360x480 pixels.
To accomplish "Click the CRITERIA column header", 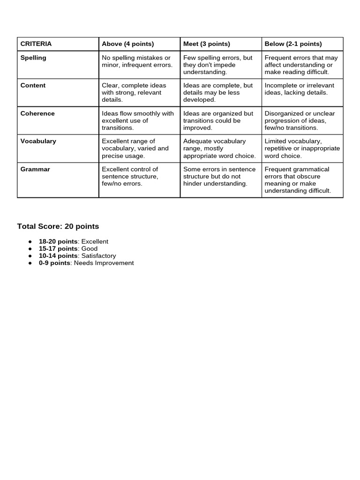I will [x=36, y=44].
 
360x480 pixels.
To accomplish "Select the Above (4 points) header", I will [x=127, y=44].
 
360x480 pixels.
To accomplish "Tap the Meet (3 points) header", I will [x=206, y=44].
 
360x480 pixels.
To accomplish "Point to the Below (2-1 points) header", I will [x=293, y=44].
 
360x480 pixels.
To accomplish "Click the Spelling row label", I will [x=33, y=58].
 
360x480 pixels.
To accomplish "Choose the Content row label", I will [x=33, y=85].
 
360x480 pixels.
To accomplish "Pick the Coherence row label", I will [x=37, y=113].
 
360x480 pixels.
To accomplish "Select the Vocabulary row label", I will [x=38, y=141].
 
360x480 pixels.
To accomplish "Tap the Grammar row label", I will [x=35, y=169].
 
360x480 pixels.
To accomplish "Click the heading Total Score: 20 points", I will [x=58, y=226].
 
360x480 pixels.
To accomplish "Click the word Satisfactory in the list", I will [x=98, y=256].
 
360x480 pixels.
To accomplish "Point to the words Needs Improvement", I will [x=104, y=263].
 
